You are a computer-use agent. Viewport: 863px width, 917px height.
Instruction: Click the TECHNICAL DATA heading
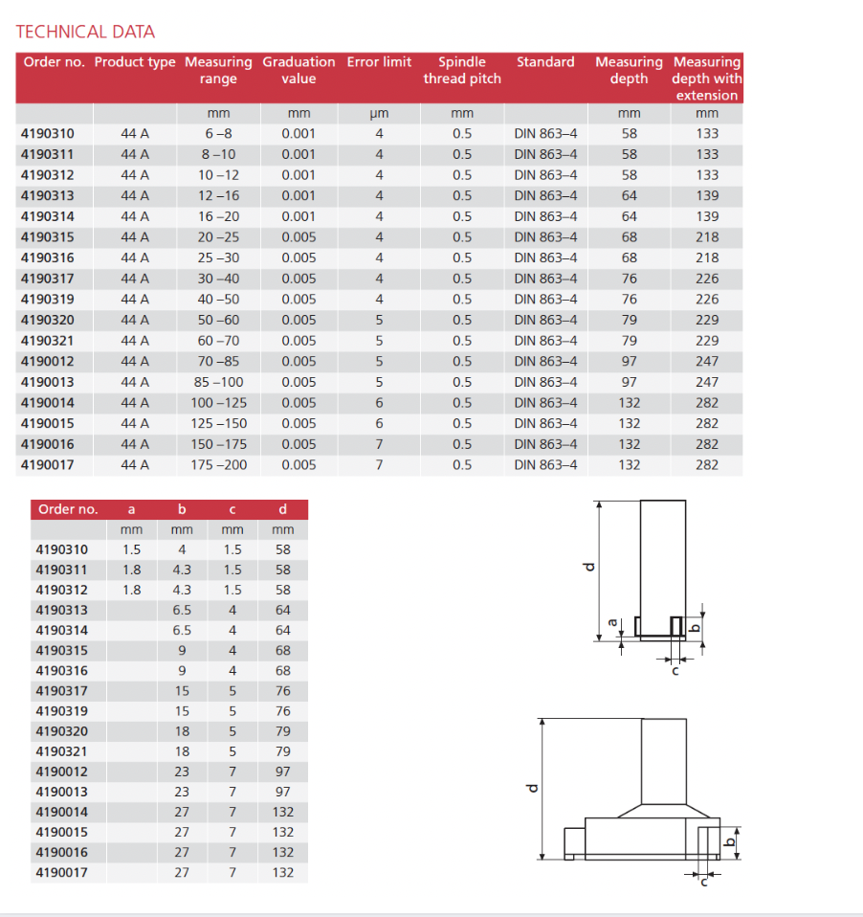coord(85,32)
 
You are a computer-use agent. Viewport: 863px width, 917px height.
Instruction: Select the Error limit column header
coord(379,62)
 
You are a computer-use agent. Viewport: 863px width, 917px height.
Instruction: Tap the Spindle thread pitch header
coord(462,70)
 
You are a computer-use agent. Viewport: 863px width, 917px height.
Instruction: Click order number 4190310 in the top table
coord(48,134)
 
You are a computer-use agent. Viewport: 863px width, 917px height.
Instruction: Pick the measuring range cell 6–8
coord(218,134)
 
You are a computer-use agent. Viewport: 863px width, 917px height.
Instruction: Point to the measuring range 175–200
coord(218,465)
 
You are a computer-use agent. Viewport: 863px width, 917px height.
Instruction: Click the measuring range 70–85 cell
coord(218,362)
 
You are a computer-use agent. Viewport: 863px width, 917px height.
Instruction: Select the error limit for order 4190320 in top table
coord(379,321)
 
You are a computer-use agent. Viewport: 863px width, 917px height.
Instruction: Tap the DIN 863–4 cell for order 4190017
coord(545,465)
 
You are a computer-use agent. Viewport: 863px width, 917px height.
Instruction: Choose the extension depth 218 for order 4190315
coord(707,237)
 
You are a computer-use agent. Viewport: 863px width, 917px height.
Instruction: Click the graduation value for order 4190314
coord(299,217)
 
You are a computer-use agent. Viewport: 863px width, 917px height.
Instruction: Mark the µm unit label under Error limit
coord(379,114)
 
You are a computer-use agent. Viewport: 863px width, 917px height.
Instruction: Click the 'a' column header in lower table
coord(131,509)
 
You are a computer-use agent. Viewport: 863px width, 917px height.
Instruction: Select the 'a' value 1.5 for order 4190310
coord(131,550)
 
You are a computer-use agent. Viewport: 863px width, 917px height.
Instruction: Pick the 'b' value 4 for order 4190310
coord(182,550)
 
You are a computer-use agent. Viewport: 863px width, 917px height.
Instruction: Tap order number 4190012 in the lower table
coord(62,772)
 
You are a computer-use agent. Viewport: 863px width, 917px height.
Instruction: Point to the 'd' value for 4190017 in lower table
coord(283,873)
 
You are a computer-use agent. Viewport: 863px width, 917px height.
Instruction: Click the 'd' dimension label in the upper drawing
coord(590,567)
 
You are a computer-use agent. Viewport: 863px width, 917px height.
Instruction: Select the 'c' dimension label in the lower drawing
coord(704,882)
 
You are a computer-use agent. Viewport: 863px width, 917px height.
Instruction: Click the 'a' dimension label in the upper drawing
coord(612,623)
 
